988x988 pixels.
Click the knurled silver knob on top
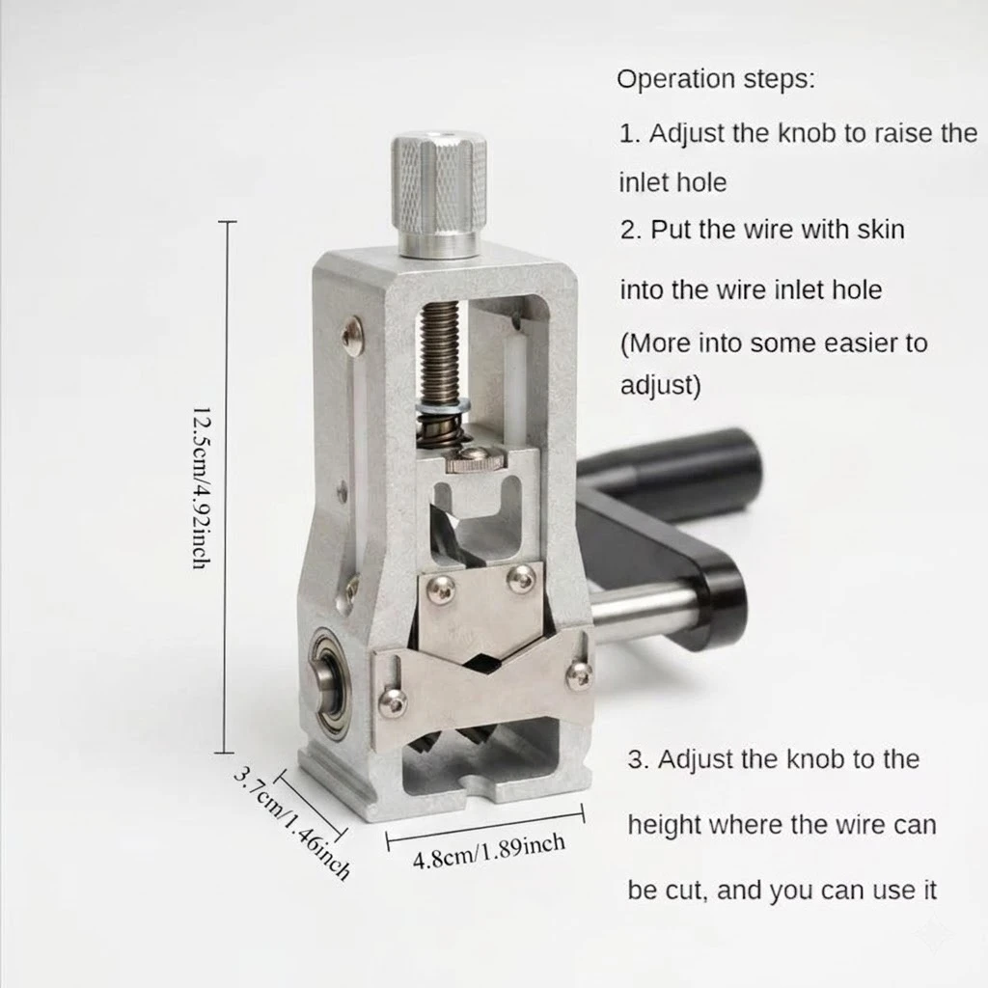(x=439, y=194)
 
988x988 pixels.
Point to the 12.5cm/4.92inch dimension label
(x=201, y=487)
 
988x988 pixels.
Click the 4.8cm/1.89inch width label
(x=488, y=851)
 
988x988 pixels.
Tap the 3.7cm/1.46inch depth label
(x=291, y=822)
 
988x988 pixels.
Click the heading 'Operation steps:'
(x=716, y=79)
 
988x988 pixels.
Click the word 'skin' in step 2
(x=880, y=230)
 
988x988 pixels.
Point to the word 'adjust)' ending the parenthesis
(x=660, y=385)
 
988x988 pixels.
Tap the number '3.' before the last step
(x=639, y=760)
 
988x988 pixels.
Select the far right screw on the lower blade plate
(x=578, y=673)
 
